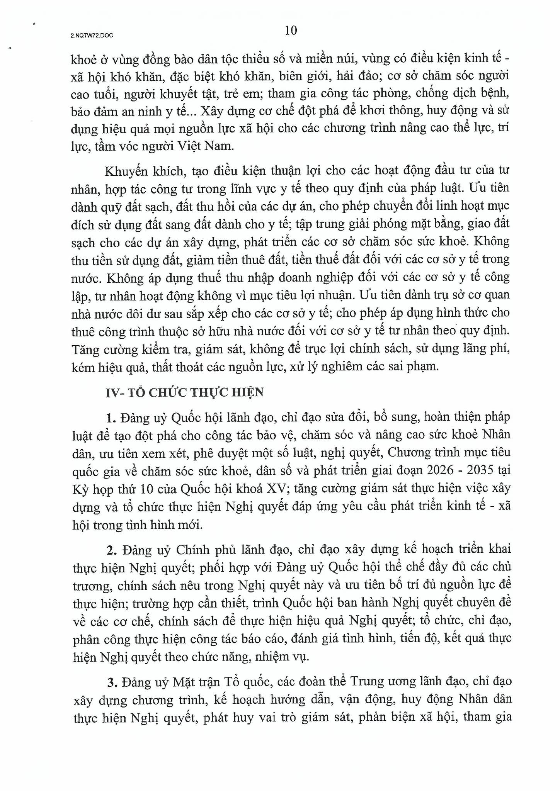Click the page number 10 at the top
tap(291, 31)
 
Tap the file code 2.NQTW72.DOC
tap(92, 35)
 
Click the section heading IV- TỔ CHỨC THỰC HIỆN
tap(185, 392)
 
